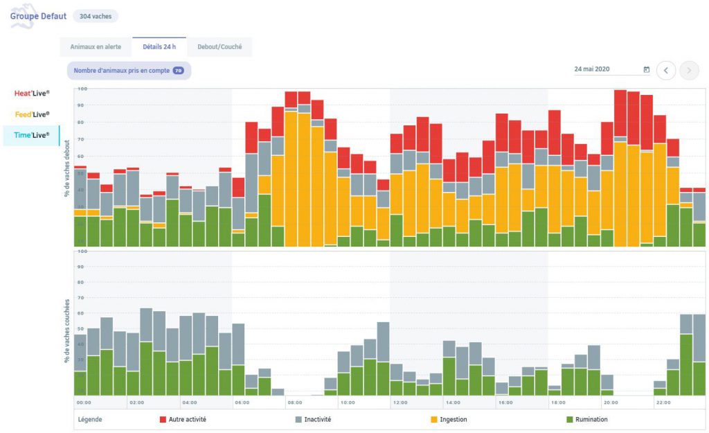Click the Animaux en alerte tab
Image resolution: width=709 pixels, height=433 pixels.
96,47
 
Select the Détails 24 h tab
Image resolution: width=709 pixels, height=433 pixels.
159,47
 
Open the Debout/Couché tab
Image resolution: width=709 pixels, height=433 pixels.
219,47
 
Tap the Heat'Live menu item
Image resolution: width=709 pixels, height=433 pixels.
32,93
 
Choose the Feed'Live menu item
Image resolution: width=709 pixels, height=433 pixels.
32,114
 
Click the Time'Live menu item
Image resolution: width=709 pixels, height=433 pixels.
32,135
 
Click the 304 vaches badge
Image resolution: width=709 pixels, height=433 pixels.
96,16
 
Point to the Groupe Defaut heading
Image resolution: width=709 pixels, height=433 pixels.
38,16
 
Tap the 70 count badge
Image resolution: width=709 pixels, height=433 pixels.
178,71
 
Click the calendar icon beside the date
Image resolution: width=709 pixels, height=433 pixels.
647,69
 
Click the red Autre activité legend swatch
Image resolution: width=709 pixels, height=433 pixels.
163,419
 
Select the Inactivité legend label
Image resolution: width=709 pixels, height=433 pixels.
318,419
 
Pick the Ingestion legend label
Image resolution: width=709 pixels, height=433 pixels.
454,419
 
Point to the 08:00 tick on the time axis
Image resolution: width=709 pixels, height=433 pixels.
295,402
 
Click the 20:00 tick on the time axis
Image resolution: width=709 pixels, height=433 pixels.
611,402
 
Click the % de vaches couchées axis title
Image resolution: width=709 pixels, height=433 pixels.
67,331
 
